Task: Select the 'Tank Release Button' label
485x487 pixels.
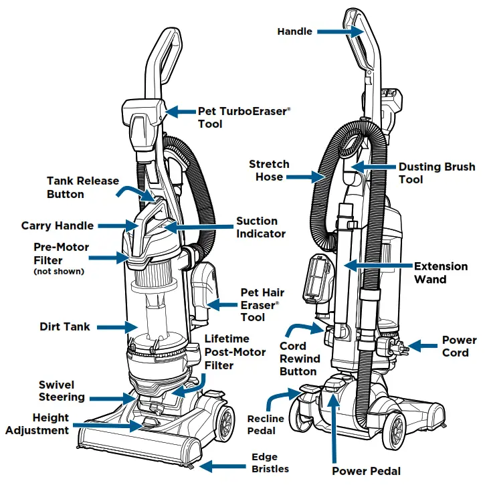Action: [83, 187]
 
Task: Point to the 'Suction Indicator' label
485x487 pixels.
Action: [261, 227]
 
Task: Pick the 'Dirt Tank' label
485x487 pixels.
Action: [65, 327]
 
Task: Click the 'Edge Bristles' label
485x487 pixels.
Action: [270, 463]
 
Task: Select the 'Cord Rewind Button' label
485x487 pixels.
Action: [298, 359]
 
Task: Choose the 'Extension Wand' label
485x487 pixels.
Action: [441, 272]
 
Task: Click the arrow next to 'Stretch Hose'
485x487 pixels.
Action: [310, 177]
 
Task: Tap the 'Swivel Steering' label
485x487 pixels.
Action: [62, 391]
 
